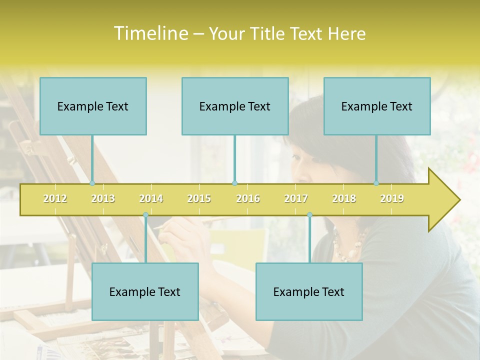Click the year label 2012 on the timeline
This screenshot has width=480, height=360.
click(55, 198)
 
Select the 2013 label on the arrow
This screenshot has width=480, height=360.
click(103, 198)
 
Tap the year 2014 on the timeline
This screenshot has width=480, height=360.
click(151, 198)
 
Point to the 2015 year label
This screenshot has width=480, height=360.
click(199, 198)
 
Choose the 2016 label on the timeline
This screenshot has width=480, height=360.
click(248, 198)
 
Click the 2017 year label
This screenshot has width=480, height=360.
click(296, 198)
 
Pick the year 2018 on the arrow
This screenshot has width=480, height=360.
click(344, 198)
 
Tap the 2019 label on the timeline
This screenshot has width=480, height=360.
click(392, 198)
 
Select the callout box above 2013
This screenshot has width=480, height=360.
click(93, 106)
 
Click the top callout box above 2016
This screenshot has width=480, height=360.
click(235, 106)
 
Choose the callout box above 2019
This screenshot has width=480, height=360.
click(377, 106)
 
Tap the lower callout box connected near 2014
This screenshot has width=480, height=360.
click(145, 291)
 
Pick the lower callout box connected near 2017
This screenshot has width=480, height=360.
click(309, 291)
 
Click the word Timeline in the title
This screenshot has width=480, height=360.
click(150, 33)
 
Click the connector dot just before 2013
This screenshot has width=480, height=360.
click(92, 183)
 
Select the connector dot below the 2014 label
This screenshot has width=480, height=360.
click(145, 215)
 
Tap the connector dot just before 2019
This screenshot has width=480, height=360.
click(376, 183)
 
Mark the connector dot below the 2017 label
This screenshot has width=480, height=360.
click(309, 215)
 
